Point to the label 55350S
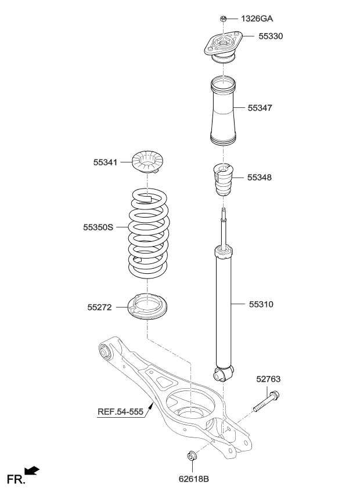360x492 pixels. [x=98, y=228]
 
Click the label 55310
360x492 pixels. [x=261, y=303]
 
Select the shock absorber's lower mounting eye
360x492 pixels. [x=222, y=373]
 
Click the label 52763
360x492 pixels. [x=268, y=379]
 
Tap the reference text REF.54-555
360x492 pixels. [x=120, y=413]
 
